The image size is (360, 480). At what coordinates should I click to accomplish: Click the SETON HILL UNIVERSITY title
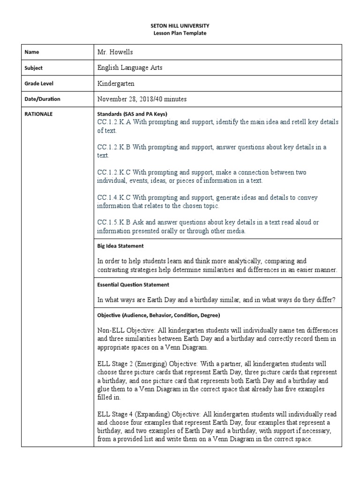click(x=180, y=26)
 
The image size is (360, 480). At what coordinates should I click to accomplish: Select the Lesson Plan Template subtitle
click(x=180, y=33)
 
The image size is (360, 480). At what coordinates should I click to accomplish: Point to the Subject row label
click(x=33, y=68)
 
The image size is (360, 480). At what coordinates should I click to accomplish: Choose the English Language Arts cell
click(x=130, y=68)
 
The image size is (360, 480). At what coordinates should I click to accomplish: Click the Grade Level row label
click(x=39, y=83)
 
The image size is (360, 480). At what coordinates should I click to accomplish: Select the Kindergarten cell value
click(x=116, y=83)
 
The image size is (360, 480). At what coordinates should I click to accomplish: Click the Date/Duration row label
click(x=42, y=99)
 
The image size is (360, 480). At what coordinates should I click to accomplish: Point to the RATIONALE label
click(x=38, y=114)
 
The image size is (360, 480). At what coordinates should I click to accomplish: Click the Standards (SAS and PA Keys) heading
click(x=132, y=114)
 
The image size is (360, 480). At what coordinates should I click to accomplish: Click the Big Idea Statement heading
click(x=120, y=246)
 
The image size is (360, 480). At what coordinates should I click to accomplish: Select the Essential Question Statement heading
click(x=133, y=285)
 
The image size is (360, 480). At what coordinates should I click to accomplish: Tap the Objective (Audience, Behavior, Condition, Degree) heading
click(x=158, y=315)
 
